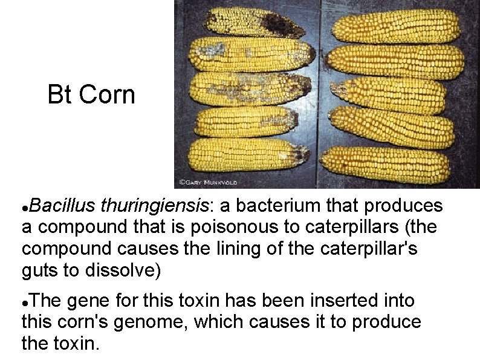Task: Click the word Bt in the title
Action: [60, 95]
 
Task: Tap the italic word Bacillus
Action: [61, 206]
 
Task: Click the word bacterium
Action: [276, 206]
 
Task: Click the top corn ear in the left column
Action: [254, 22]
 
